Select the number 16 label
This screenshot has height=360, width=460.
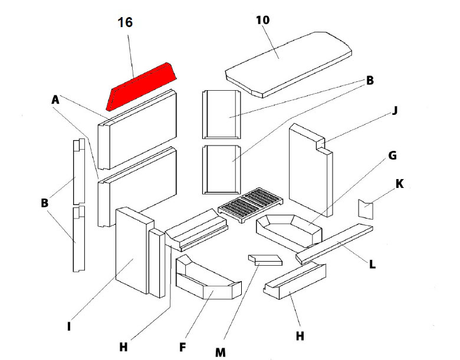[x=125, y=23]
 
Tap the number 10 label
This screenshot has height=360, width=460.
[x=262, y=20]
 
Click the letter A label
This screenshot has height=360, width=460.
[x=56, y=101]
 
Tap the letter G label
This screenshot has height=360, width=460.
[x=392, y=156]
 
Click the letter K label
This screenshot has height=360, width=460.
[x=399, y=184]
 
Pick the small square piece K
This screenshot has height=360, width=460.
[x=366, y=209]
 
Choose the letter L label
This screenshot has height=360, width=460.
[x=372, y=265]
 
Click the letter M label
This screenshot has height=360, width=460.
[x=220, y=352]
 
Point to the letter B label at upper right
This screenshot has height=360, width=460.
[x=370, y=81]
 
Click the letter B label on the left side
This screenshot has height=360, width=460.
[x=44, y=203]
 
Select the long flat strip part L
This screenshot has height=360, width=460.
[x=335, y=243]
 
